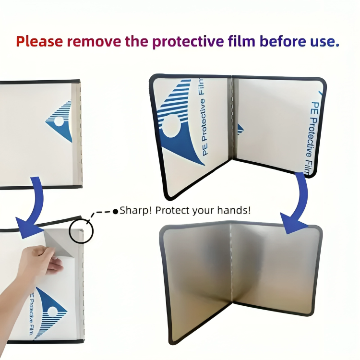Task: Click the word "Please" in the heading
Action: click(39, 41)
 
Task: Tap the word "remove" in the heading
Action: click(94, 41)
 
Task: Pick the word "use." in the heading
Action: click(324, 41)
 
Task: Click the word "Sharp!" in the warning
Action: click(136, 210)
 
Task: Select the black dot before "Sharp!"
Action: click(115, 211)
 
